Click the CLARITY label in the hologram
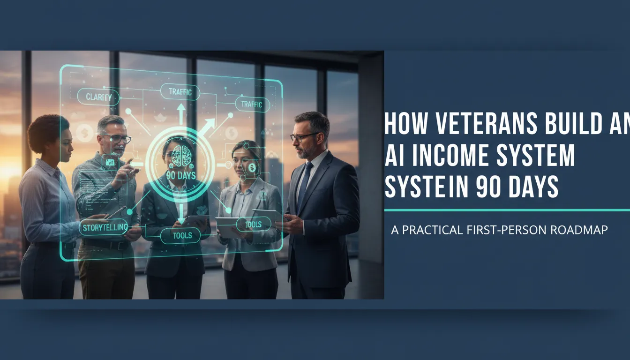(x=99, y=97)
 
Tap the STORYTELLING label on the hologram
(x=104, y=228)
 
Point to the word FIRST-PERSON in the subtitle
(x=508, y=230)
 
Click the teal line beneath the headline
(x=506, y=210)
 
